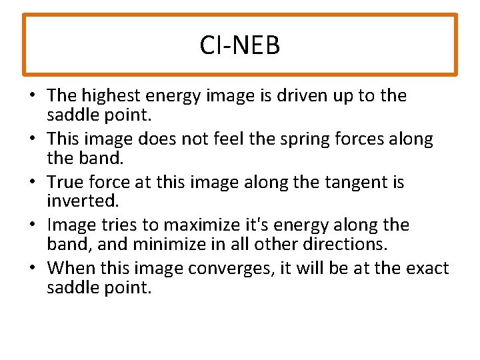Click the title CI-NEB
click(x=240, y=45)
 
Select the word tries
click(x=117, y=225)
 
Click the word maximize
click(x=199, y=225)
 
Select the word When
click(x=71, y=269)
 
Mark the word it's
click(x=263, y=225)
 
